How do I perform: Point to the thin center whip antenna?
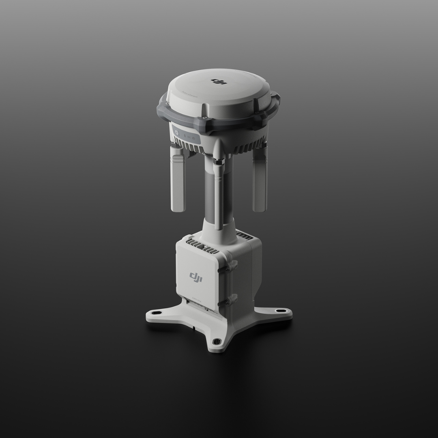[219, 195]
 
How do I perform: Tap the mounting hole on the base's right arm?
[280, 311]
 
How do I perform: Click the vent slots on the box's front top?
[202, 245]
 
